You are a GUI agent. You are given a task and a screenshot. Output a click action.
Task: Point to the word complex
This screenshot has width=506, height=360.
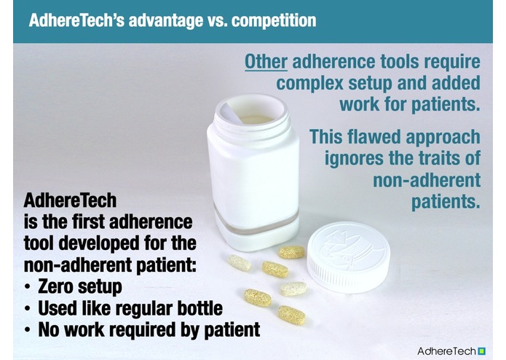[x=306, y=82]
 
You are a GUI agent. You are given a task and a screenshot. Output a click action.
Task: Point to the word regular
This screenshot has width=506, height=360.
[x=154, y=308]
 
